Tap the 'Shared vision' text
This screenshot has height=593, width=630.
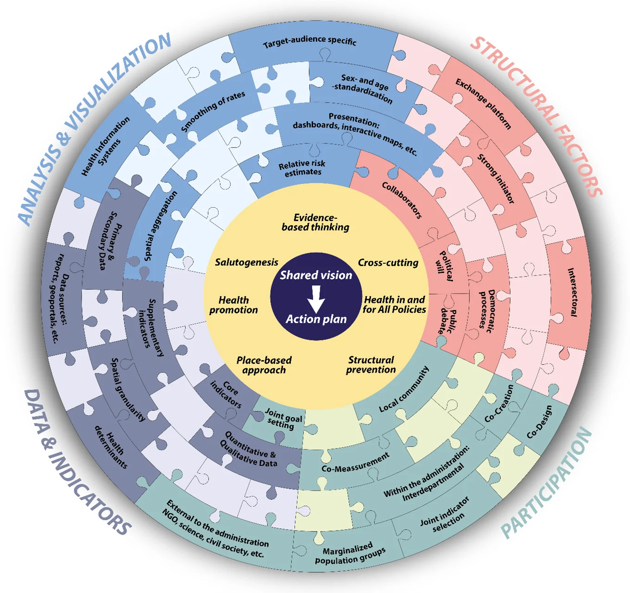(x=316, y=275)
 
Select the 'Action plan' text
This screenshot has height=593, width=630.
(x=316, y=319)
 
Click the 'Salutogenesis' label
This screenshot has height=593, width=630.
(x=246, y=262)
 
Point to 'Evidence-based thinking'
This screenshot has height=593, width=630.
(x=315, y=223)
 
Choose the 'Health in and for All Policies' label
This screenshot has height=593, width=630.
(x=394, y=305)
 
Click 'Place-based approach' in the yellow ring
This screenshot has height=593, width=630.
(x=264, y=365)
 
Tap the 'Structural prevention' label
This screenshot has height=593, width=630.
(x=371, y=364)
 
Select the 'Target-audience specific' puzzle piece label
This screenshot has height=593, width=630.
(x=309, y=42)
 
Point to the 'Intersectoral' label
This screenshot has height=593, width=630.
(x=573, y=292)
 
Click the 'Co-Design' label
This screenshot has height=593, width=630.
(x=540, y=422)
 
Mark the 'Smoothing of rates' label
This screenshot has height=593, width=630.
(x=213, y=111)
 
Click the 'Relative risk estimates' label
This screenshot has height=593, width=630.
(x=302, y=168)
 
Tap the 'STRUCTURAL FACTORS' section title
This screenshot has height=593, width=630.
(x=537, y=116)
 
